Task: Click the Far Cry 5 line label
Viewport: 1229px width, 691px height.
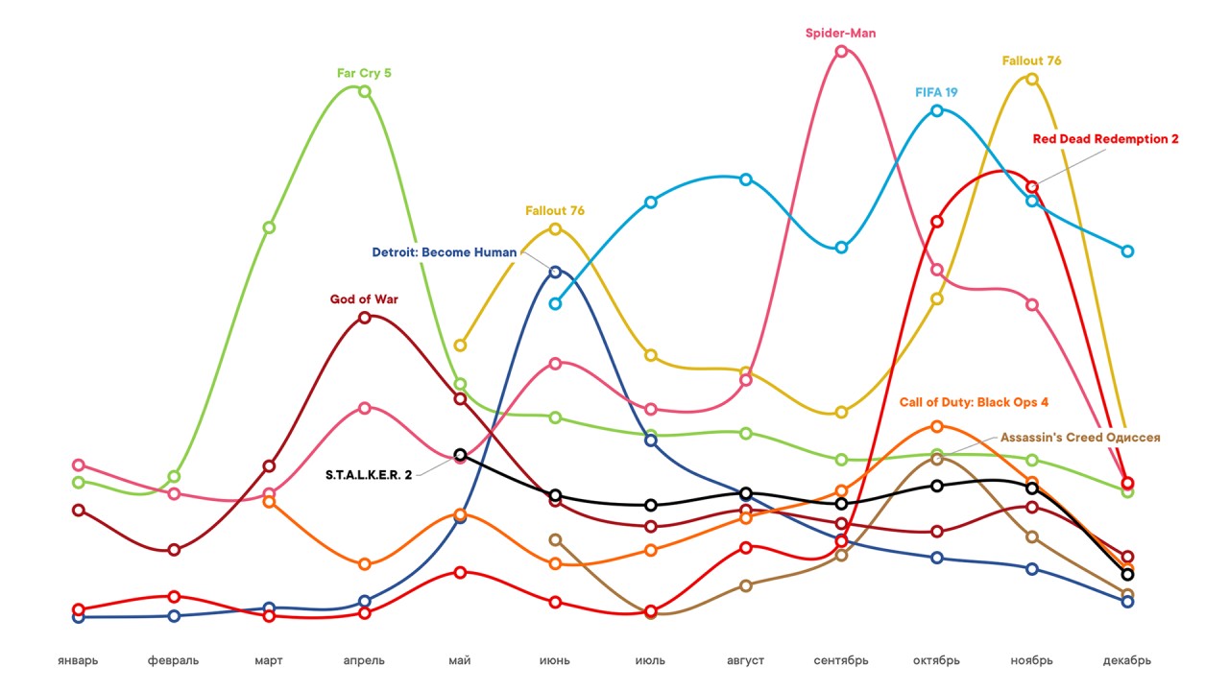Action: click(364, 72)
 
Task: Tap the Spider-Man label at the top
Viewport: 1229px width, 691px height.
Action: click(840, 34)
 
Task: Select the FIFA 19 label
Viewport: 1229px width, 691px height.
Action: click(936, 92)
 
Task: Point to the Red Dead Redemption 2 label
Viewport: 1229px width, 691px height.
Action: click(1105, 139)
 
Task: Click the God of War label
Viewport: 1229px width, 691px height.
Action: click(364, 299)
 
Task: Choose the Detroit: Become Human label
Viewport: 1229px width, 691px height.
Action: click(444, 253)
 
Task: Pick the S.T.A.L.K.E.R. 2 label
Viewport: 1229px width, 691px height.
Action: click(368, 474)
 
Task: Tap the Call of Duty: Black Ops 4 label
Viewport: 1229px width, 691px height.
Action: click(974, 402)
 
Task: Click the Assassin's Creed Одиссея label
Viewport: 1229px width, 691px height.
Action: click(1080, 438)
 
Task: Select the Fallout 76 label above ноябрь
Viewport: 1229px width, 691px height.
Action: click(1031, 60)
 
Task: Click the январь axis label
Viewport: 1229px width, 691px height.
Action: click(78, 660)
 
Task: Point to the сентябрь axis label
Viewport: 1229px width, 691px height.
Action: click(841, 660)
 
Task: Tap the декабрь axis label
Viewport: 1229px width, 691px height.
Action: click(1127, 660)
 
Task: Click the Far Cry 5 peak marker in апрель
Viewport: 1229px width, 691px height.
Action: click(365, 91)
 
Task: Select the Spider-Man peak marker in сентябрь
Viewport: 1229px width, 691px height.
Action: click(841, 52)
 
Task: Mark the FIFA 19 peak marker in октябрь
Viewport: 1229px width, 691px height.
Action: click(937, 110)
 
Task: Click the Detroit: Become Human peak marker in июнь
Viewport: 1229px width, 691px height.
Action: click(555, 272)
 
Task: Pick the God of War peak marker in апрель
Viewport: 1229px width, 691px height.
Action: click(365, 318)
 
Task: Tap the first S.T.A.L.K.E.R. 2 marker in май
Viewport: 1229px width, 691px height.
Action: click(460, 454)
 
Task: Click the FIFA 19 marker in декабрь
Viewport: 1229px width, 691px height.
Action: click(1128, 250)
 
